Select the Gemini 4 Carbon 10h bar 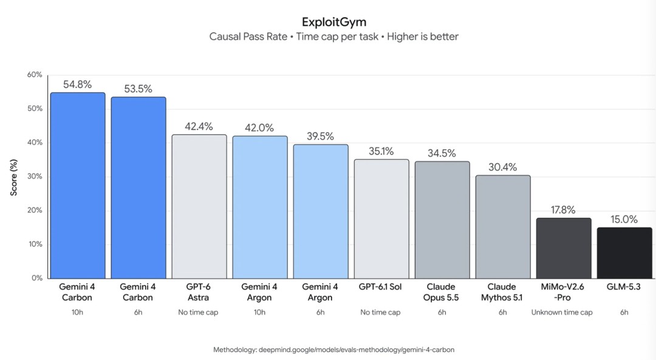pyautogui.click(x=77, y=185)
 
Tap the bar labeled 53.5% pyautogui.click(x=138, y=188)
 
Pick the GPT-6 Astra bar pyautogui.click(x=199, y=206)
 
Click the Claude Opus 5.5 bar pyautogui.click(x=442, y=220)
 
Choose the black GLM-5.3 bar pyautogui.click(x=624, y=253)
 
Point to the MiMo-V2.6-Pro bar pyautogui.click(x=564, y=248)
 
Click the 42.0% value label pyautogui.click(x=259, y=127)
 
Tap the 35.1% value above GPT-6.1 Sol pyautogui.click(x=381, y=151)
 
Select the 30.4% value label pyautogui.click(x=502, y=167)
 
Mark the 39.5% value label pyautogui.click(x=320, y=136)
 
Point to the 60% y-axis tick pyautogui.click(x=35, y=75)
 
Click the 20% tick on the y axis pyautogui.click(x=35, y=210)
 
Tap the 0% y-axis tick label pyautogui.click(x=37, y=277)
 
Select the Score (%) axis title pyautogui.click(x=14, y=177)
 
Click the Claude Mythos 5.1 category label pyautogui.click(x=502, y=292)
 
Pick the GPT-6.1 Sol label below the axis pyautogui.click(x=380, y=287)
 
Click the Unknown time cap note pyautogui.click(x=562, y=312)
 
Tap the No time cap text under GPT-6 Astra pyautogui.click(x=198, y=312)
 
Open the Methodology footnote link pyautogui.click(x=333, y=350)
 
